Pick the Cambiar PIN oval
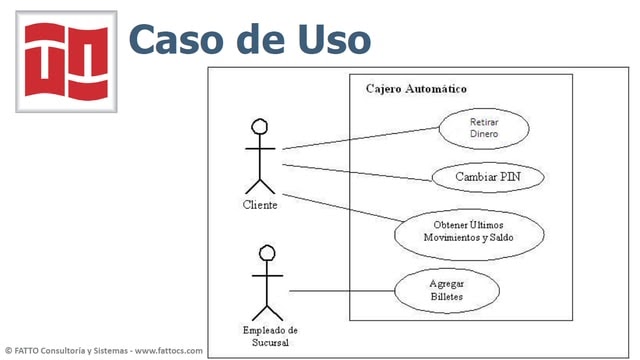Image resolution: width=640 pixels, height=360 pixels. coord(487,177)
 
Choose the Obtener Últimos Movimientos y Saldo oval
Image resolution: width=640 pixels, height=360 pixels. coord(469,232)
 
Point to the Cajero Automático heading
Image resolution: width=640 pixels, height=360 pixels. coord(416,89)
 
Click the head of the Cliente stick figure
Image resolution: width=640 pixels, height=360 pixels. coord(260,127)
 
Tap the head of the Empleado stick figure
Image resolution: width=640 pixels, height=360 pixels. coord(267,253)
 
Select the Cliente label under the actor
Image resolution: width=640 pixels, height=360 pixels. coord(260,205)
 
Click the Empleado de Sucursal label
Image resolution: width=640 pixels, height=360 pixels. coord(270,335)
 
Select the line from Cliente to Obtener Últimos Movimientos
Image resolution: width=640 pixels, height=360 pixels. coord(340,210)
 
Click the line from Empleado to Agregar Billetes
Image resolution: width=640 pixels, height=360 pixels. coord(340,291)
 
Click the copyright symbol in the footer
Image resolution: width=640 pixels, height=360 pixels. coord(8,351)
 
